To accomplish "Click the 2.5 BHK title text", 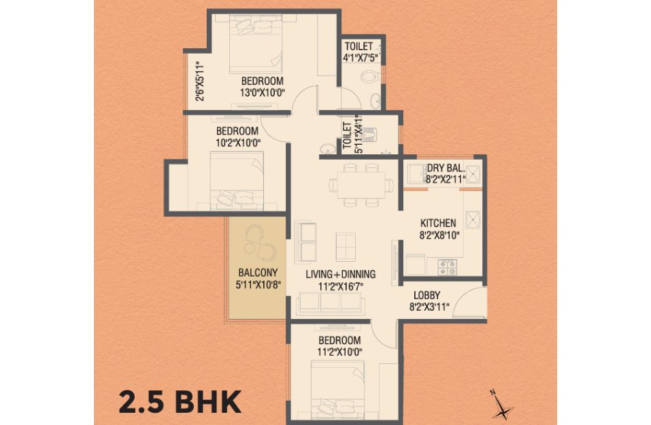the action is coord(180,402).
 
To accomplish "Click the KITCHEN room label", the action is coord(437,223).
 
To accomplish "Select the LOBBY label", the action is coord(427,296).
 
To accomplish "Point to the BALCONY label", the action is coord(258,273).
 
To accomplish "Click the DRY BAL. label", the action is coord(446,168).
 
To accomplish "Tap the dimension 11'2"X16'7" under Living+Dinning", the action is coord(341,286).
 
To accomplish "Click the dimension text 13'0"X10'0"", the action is coord(262,92).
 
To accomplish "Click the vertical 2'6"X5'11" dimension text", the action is coord(201,82).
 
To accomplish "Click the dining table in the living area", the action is coord(361,185).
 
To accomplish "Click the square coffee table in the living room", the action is coord(346,247).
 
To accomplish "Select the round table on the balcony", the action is coord(249,248).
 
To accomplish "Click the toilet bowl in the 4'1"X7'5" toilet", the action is coord(369,76).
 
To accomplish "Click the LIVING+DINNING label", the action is coord(340,274).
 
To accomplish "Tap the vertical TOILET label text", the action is coord(348,135).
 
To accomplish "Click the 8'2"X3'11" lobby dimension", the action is coord(429,307).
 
